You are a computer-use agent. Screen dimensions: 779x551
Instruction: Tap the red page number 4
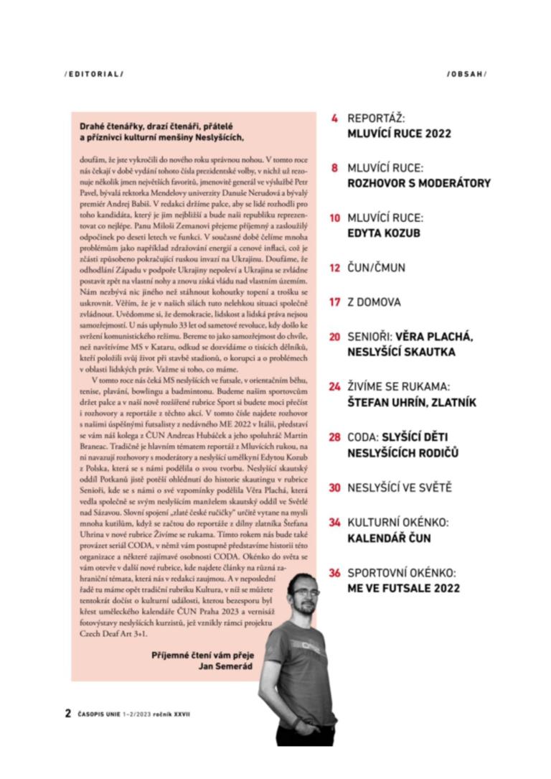[x=334, y=118]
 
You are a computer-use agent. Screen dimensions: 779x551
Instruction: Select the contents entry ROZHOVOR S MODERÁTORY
[x=419, y=183]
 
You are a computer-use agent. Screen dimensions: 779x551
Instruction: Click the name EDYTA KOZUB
[x=384, y=233]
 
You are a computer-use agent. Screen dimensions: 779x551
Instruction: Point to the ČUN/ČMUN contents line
[x=376, y=268]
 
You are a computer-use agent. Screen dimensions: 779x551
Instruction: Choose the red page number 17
[x=334, y=302]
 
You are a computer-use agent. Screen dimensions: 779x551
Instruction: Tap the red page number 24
[x=334, y=386]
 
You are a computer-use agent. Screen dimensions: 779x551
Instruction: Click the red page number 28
[x=334, y=437]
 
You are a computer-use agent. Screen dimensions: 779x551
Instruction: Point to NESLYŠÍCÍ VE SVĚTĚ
[x=400, y=488]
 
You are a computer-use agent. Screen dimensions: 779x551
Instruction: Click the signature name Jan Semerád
[x=222, y=665]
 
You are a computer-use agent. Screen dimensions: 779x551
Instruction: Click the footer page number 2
[x=67, y=714]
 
